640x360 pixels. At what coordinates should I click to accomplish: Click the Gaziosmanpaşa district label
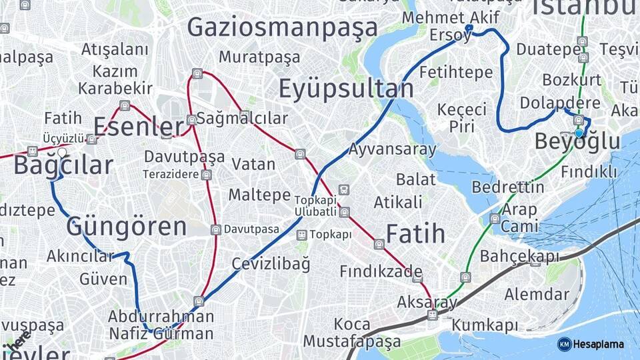coord(282,27)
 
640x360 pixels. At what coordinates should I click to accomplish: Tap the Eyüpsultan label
coord(345,88)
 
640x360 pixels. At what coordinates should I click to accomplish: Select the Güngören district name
coord(126,227)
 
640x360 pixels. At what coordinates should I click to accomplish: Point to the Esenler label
coord(139,126)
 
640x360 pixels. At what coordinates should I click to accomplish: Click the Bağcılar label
coord(63,165)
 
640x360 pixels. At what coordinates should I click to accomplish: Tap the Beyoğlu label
coord(577,142)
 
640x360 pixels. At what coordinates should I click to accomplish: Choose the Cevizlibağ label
coord(271,263)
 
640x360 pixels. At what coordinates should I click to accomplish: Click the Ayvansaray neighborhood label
coord(392,149)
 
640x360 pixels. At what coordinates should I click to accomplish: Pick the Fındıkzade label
coord(381,271)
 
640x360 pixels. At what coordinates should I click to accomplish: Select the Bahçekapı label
coord(520,256)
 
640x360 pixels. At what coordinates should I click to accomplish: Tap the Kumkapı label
coord(485,325)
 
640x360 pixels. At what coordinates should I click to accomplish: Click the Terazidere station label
coord(171,175)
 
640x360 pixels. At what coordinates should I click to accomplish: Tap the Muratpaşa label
coord(259,57)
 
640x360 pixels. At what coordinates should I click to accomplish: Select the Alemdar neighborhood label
coord(537,294)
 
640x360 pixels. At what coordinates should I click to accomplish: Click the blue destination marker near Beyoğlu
coord(579,133)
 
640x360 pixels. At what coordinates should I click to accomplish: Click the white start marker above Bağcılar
coord(62,153)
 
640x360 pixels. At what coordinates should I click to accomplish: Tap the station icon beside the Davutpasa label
coord(215,230)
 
